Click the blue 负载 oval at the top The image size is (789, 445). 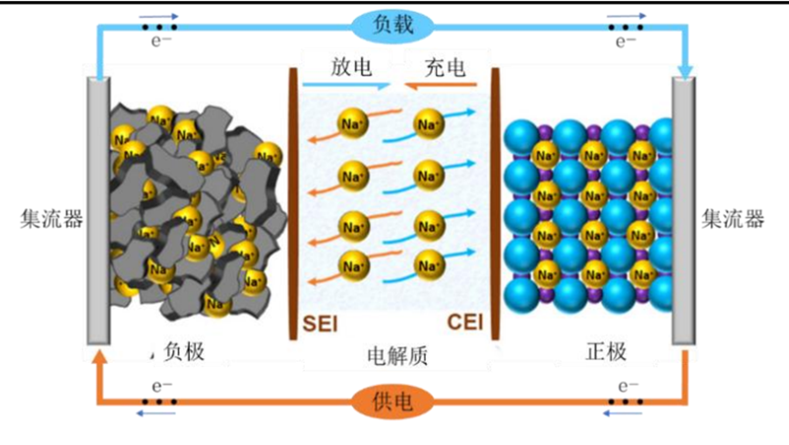click(392, 25)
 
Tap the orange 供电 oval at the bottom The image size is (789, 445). click(392, 402)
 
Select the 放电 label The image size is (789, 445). click(351, 67)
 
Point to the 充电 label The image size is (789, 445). click(445, 67)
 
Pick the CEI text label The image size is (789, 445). click(465, 322)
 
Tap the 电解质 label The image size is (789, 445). click(398, 356)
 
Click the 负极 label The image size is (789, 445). click(184, 351)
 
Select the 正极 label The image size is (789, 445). click(607, 351)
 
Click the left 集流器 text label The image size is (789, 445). click(51, 219)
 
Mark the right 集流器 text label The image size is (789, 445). click(732, 219)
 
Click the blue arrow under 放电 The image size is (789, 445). click(347, 85)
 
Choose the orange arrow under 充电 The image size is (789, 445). click(441, 85)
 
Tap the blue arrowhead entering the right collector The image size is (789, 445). click(685, 72)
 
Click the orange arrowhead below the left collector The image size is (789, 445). click(100, 357)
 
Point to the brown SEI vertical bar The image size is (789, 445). click(293, 203)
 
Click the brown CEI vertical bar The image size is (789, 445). click(495, 203)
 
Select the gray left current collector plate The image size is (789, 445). click(99, 210)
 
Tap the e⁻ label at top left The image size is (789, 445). click(161, 41)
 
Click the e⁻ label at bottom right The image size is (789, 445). click(628, 386)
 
